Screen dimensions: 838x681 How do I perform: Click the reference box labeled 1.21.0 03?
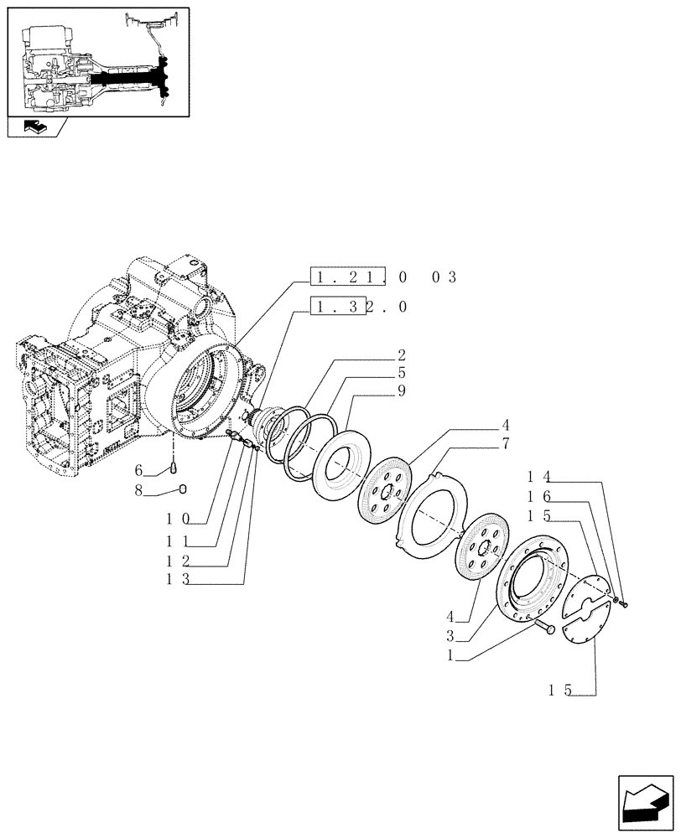382,277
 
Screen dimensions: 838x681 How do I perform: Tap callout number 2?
402,354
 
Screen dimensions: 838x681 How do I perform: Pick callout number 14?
537,475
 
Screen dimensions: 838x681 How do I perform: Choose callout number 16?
537,497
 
